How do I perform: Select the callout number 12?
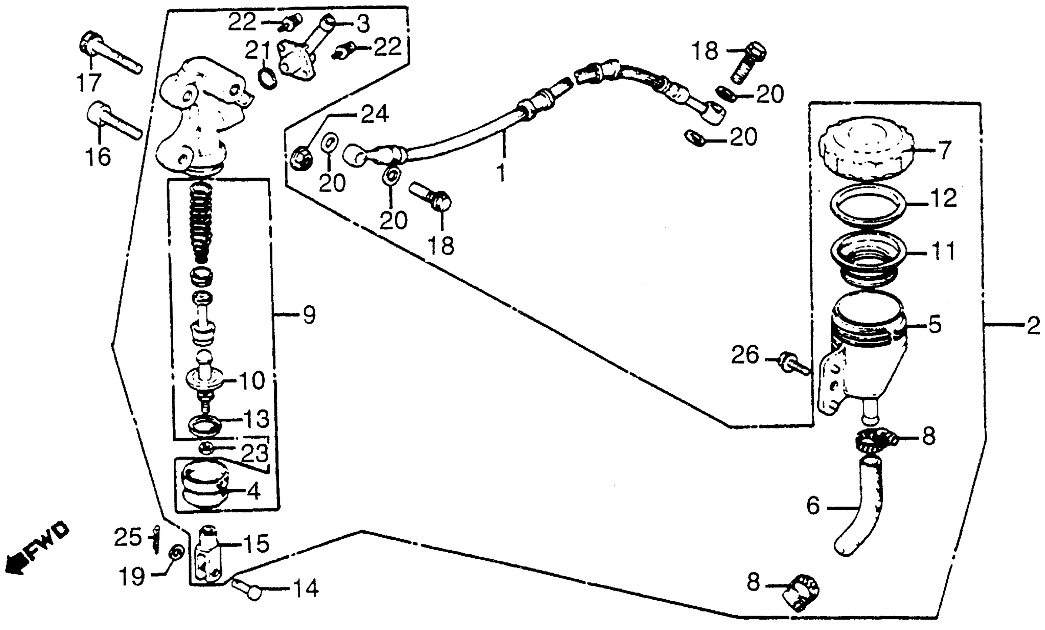(x=944, y=198)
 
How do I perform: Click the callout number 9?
(x=309, y=315)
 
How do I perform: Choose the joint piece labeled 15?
(x=207, y=556)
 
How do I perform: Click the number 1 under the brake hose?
(x=501, y=173)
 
